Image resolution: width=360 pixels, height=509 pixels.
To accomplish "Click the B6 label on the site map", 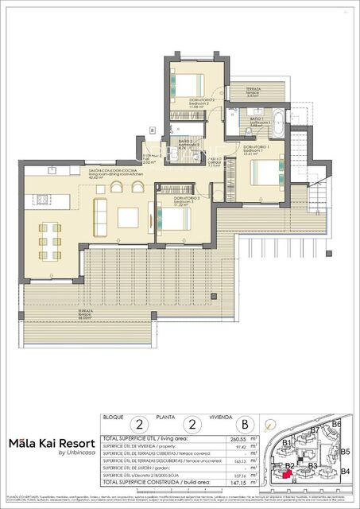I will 337,425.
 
